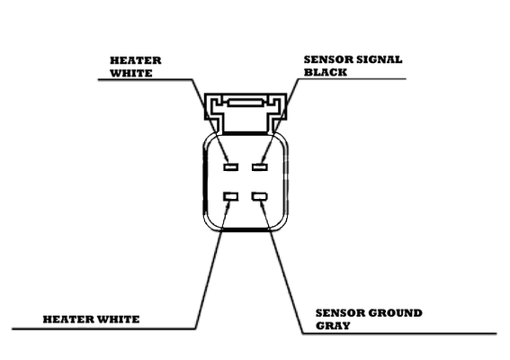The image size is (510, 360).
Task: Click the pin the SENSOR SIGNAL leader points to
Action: pyautogui.click(x=260, y=167)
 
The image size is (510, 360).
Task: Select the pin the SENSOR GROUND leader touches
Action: pyautogui.click(x=260, y=196)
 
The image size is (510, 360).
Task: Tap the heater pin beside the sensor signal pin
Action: pyautogui.click(x=231, y=167)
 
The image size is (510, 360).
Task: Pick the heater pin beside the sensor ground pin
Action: pyautogui.click(x=231, y=196)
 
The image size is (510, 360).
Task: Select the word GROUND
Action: pyautogui.click(x=395, y=313)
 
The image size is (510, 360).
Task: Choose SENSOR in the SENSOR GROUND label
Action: pyautogui.click(x=340, y=313)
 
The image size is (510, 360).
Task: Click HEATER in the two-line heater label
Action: pyautogui.click(x=136, y=60)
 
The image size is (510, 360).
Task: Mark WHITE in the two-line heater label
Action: pyautogui.click(x=131, y=73)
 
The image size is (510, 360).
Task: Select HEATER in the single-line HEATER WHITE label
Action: pyautogui.click(x=68, y=319)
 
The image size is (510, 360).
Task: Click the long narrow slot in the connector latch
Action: pyautogui.click(x=245, y=103)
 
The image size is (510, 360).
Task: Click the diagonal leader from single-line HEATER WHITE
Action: pyautogui.click(x=212, y=265)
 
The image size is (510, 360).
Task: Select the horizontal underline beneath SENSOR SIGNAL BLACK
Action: pyautogui.click(x=352, y=79)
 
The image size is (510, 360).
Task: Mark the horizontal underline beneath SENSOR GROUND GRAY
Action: pyautogui.click(x=399, y=333)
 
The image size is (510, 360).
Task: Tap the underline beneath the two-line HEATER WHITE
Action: pyautogui.click(x=146, y=79)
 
